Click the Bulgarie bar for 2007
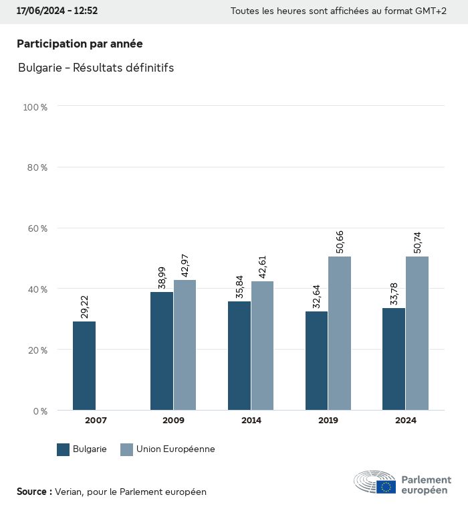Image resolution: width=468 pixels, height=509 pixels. (84, 366)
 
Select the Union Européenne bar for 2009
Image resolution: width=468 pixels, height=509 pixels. (185, 345)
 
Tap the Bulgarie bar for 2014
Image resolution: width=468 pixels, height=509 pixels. (239, 356)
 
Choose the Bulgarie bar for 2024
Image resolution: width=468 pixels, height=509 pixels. (394, 359)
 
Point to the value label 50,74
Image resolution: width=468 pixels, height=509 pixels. (418, 242)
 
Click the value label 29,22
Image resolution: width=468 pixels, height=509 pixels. (84, 307)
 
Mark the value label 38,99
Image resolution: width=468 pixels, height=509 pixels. (162, 277)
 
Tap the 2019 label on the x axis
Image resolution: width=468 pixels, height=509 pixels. (328, 421)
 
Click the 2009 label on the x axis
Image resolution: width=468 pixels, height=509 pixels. (173, 421)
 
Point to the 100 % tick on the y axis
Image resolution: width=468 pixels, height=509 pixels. (35, 106)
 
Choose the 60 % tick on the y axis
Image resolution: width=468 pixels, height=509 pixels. (36, 228)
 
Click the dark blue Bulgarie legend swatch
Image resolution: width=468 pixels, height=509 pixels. (64, 449)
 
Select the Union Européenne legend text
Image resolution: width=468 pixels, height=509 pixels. (175, 449)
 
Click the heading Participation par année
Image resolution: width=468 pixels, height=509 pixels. (80, 44)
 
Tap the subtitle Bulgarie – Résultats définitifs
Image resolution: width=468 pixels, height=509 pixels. (96, 68)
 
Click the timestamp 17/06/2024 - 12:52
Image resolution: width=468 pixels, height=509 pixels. (57, 11)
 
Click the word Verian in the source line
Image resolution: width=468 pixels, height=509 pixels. (69, 492)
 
